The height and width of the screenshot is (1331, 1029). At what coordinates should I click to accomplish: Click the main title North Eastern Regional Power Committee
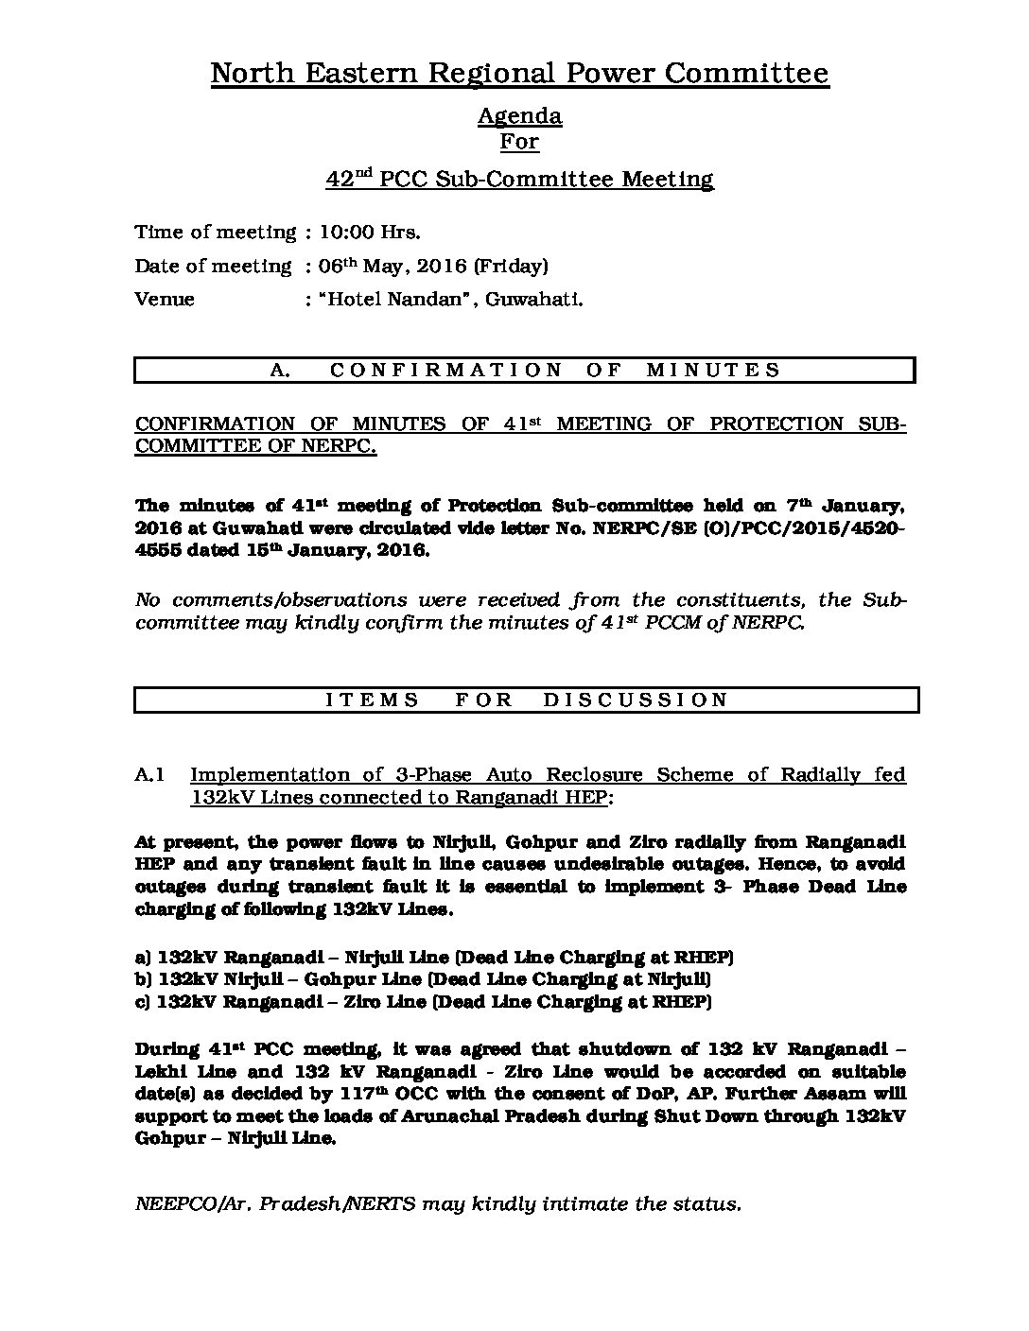point(519,74)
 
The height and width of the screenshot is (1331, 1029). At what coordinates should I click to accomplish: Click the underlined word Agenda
point(519,116)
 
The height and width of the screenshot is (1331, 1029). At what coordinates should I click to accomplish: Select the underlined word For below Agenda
point(519,143)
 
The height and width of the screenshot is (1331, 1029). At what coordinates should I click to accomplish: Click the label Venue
point(165,300)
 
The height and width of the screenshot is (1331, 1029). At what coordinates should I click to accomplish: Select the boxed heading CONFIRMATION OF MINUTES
point(525,370)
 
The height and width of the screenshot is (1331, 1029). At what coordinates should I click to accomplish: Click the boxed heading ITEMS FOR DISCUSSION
point(526,700)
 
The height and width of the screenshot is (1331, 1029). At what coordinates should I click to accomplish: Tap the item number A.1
point(150,775)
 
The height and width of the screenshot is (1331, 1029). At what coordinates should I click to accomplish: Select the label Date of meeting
point(213,267)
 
